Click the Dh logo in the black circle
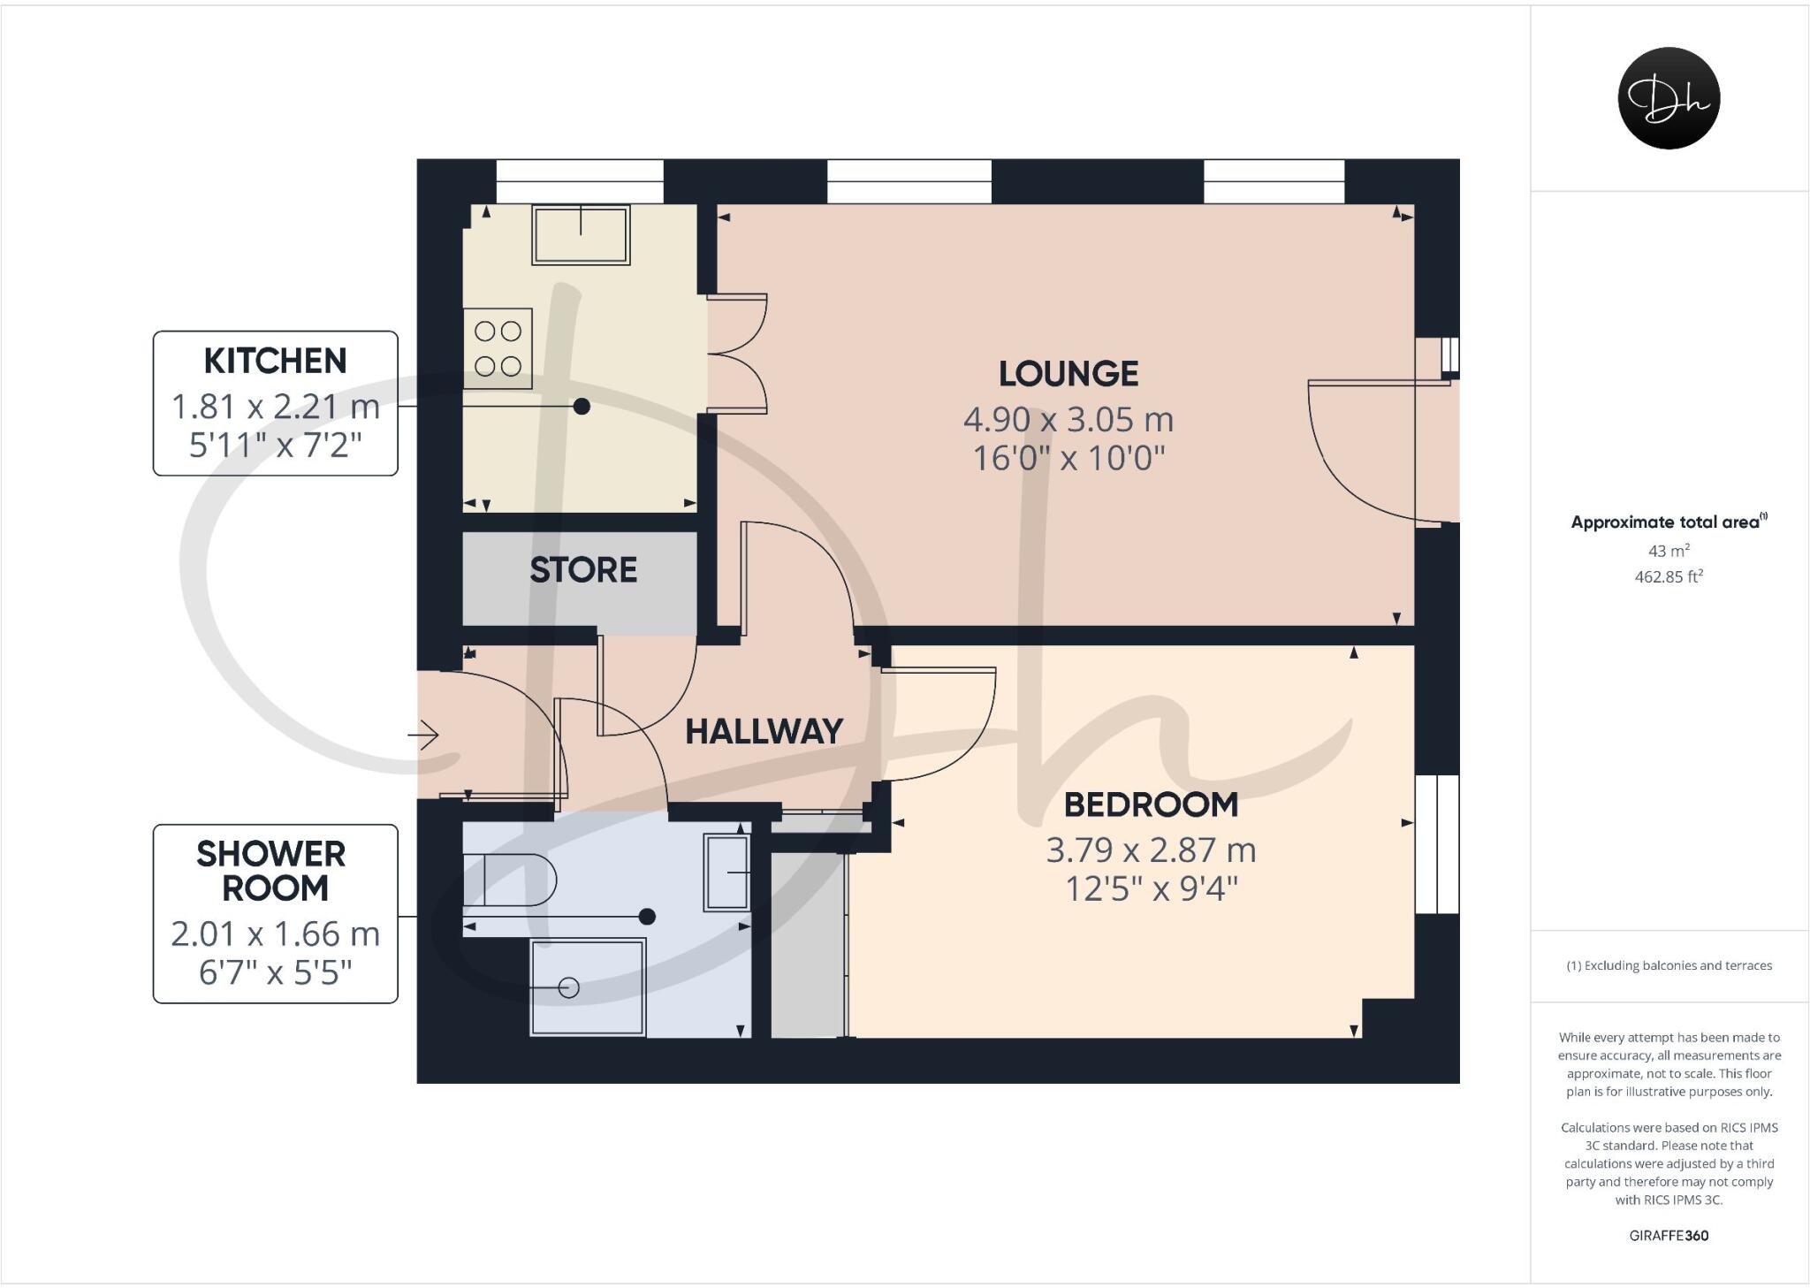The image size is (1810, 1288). point(1669,98)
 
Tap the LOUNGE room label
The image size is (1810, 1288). point(1068,374)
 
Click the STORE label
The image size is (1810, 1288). point(583,570)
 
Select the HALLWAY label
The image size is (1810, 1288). point(764,731)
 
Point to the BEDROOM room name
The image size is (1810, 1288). point(1151,804)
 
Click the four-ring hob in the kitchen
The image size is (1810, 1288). point(498,348)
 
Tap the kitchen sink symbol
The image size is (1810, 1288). point(581,234)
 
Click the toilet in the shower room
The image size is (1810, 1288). point(509,880)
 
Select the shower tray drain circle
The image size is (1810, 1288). point(569,987)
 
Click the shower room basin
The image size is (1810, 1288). point(726,872)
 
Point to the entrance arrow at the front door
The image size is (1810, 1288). point(424,735)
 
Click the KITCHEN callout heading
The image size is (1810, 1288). point(275,361)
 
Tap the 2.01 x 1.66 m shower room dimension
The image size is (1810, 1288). point(275,934)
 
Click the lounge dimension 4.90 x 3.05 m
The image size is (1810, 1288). point(1068,419)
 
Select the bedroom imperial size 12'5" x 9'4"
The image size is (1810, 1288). point(1151,888)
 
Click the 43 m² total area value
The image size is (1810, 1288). point(1668,551)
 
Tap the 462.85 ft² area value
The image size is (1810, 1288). point(1668,576)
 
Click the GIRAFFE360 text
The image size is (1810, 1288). point(1668,1236)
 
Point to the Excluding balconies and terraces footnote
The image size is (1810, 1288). point(1669,965)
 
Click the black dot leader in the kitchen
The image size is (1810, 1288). point(582,407)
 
